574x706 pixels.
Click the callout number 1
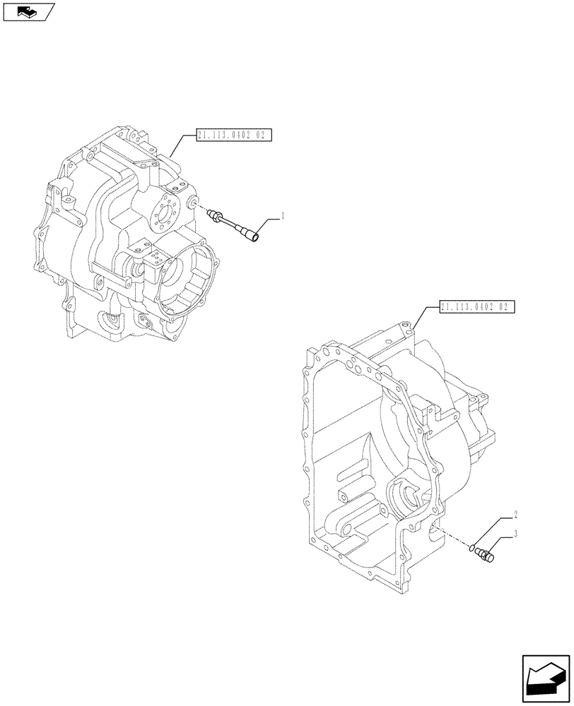tap(283, 216)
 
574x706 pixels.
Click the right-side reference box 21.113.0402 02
tap(477, 306)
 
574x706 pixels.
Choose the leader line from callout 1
tap(269, 226)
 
